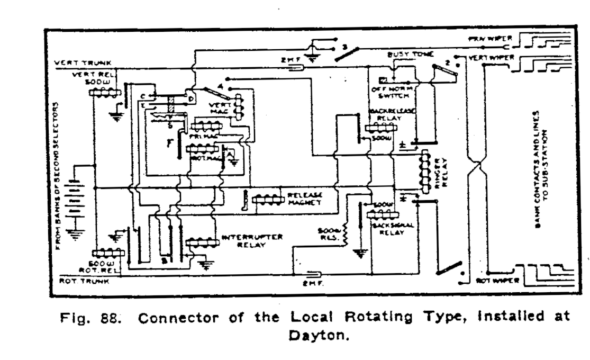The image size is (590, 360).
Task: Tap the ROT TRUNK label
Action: point(77,281)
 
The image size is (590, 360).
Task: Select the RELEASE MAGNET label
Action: point(305,199)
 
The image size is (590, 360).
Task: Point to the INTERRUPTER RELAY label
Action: point(251,241)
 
